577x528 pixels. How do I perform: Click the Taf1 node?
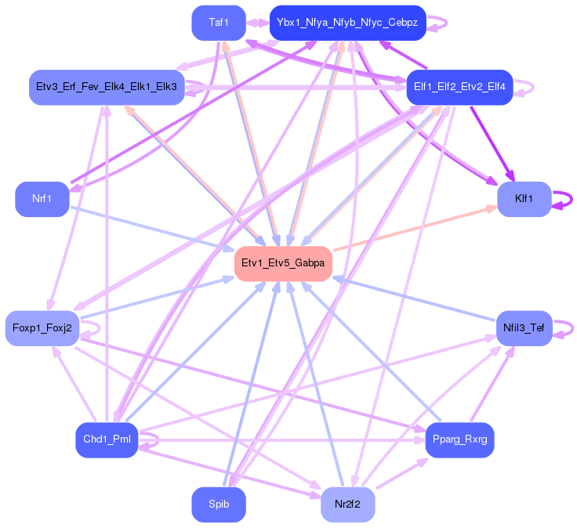219,24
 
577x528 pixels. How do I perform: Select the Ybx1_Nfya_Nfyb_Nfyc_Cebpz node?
347,24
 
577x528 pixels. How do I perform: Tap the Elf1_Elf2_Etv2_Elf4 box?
459,86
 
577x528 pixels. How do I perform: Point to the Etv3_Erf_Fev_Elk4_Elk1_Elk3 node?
106,86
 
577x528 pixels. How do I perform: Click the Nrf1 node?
42,199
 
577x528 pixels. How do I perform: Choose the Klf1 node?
524,199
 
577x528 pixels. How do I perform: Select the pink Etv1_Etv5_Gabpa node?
283,263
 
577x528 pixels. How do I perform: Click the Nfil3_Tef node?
524,327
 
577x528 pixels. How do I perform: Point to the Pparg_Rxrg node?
459,439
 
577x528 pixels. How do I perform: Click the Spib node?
219,504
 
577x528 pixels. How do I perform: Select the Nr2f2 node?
347,504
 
